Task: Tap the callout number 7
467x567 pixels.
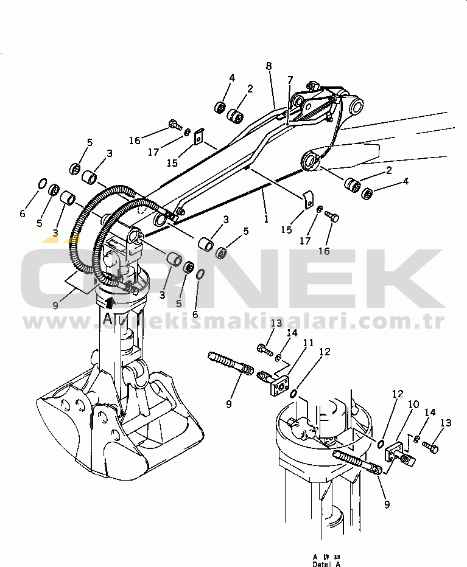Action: [x=290, y=80]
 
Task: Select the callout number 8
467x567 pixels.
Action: [x=269, y=66]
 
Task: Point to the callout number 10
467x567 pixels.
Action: [x=413, y=404]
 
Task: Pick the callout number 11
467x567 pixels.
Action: [x=309, y=343]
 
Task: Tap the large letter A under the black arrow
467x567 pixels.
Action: [x=108, y=318]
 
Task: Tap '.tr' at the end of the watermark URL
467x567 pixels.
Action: [x=434, y=322]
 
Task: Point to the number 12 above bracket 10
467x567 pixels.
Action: [x=398, y=394]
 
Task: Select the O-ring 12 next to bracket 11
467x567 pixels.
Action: [x=293, y=394]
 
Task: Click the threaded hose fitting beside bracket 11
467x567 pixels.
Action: [x=230, y=363]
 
